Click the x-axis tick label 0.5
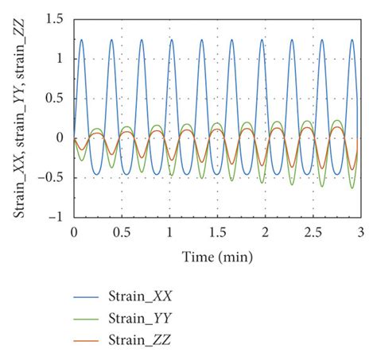(x=121, y=231)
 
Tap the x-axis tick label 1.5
(x=217, y=231)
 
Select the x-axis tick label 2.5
(x=313, y=231)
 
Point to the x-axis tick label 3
(x=360, y=231)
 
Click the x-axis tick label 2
(x=265, y=231)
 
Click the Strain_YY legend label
(x=140, y=319)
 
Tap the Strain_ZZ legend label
(x=140, y=340)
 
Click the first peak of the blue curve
(x=81, y=39)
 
